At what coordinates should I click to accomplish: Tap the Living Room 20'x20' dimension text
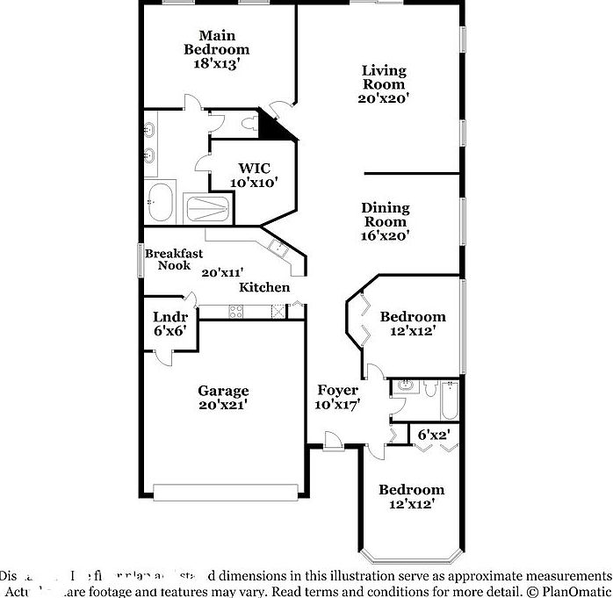coord(384,99)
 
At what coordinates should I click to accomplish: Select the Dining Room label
coord(386,215)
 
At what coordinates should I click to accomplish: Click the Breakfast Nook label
coord(174,259)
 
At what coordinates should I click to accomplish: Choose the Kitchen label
coord(264,287)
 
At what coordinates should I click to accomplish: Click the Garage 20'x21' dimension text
coord(222,405)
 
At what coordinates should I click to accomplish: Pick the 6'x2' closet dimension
coord(434,434)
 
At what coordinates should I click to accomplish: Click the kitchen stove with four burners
coord(237,310)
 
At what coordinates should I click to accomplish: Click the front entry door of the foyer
coord(333,441)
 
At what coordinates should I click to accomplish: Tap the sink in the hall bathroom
coord(407,385)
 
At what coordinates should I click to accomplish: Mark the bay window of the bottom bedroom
coord(412,556)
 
